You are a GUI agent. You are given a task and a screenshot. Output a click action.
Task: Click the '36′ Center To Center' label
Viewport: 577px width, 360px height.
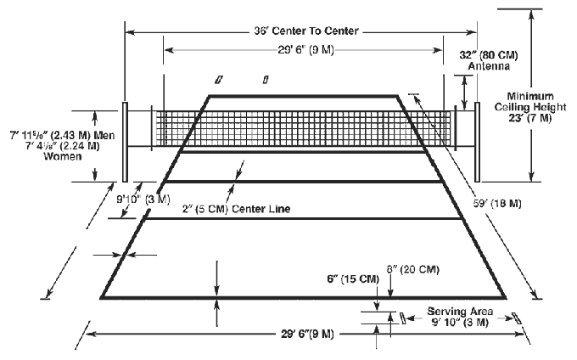pyautogui.click(x=306, y=31)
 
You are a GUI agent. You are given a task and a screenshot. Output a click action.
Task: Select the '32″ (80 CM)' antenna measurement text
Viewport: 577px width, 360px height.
pyautogui.click(x=489, y=55)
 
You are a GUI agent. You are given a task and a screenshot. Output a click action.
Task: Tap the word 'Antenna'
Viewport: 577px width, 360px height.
pyautogui.click(x=489, y=66)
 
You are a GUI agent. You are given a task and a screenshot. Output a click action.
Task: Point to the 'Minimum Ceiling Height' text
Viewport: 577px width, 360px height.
pyautogui.click(x=530, y=102)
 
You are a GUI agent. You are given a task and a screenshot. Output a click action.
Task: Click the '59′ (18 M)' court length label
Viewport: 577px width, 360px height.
pyautogui.click(x=497, y=204)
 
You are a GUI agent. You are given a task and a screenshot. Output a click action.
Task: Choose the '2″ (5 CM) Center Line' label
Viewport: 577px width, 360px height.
pyautogui.click(x=236, y=209)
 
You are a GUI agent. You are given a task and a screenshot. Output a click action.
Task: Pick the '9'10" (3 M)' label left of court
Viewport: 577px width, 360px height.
pyautogui.click(x=143, y=200)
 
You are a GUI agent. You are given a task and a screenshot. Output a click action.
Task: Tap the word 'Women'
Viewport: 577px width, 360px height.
pyautogui.click(x=63, y=156)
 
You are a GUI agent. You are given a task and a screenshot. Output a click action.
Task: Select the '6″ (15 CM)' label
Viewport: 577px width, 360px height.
pyautogui.click(x=353, y=279)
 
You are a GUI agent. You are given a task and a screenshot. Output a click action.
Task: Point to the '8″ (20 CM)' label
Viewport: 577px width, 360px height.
pyautogui.click(x=413, y=269)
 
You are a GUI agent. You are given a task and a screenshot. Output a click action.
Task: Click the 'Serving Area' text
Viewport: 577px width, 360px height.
pyautogui.click(x=460, y=312)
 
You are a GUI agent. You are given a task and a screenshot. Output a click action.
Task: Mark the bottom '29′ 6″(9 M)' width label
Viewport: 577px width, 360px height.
pyautogui.click(x=308, y=335)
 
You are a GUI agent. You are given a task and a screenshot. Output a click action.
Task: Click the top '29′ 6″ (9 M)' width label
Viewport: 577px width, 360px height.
pyautogui.click(x=305, y=50)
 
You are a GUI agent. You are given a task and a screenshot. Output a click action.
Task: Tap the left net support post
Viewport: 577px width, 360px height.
pyautogui.click(x=125, y=142)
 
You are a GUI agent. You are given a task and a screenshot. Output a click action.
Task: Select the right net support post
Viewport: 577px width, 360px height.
pyautogui.click(x=477, y=142)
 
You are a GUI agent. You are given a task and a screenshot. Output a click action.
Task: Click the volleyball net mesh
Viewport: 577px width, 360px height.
pyautogui.click(x=303, y=128)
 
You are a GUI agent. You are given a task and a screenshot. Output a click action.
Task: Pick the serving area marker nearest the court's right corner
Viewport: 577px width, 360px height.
pyautogui.click(x=517, y=318)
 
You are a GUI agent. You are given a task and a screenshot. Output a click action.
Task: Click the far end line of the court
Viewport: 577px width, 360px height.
pyautogui.click(x=304, y=96)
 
